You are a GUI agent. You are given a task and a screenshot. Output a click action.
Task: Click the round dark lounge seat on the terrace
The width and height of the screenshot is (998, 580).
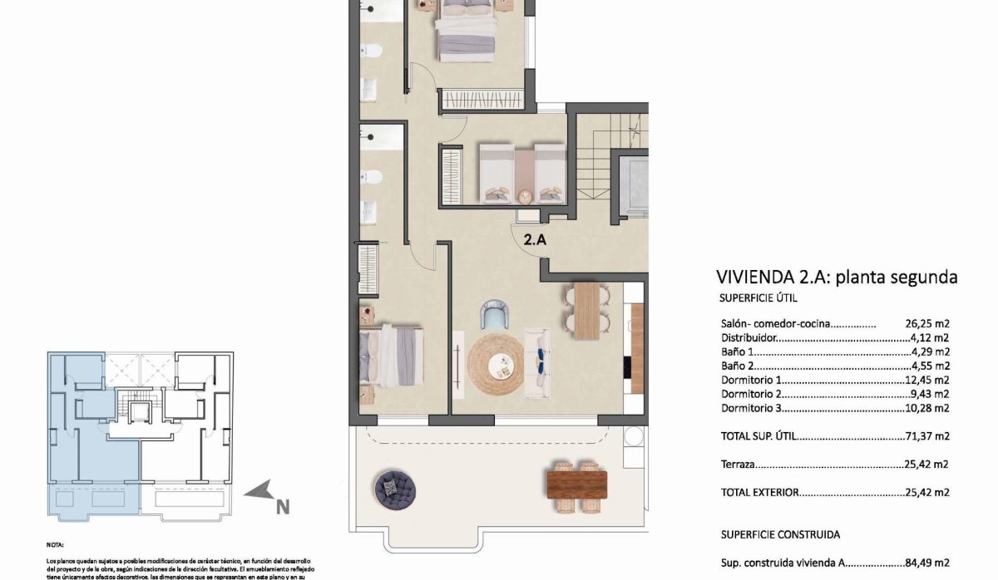click(x=394, y=488)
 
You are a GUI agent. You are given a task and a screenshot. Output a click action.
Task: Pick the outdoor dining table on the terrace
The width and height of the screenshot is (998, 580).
click(x=576, y=481)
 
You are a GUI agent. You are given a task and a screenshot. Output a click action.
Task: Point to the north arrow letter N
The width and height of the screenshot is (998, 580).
click(x=282, y=504)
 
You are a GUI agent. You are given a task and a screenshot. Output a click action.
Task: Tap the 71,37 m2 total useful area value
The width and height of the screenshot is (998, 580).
click(x=926, y=435)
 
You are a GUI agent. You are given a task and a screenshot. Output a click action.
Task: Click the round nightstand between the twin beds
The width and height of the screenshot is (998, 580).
click(x=524, y=196)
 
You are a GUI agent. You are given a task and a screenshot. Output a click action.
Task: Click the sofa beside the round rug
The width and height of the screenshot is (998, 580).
click(x=537, y=362)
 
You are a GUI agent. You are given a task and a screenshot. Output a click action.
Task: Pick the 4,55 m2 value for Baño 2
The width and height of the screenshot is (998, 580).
click(x=930, y=366)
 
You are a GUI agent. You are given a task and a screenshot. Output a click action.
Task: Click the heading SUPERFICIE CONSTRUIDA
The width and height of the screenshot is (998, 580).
click(x=780, y=535)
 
